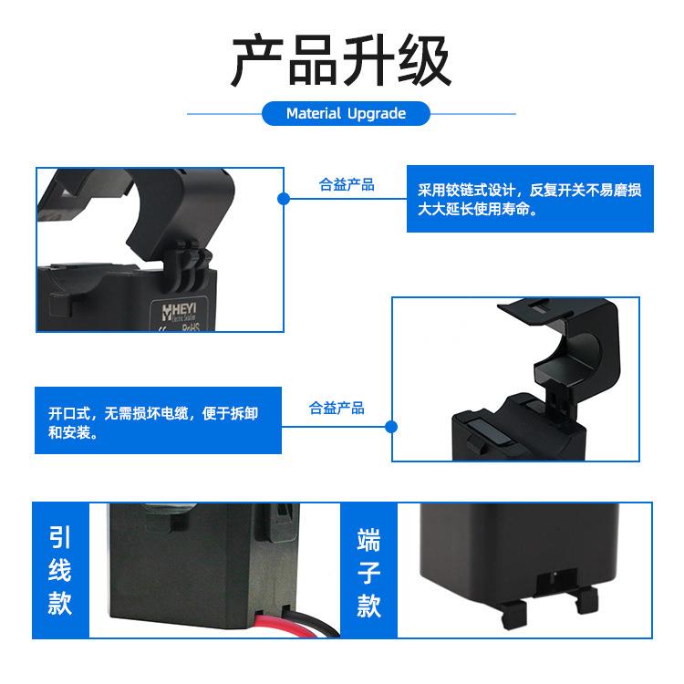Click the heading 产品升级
(341, 62)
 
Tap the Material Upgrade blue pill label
(346, 114)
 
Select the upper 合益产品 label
(347, 185)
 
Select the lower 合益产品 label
(337, 408)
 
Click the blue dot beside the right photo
(392, 426)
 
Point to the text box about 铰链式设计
(529, 200)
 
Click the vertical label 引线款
(59, 569)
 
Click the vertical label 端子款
(368, 569)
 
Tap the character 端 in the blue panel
(368, 537)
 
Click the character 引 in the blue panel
(59, 536)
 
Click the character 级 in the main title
(424, 62)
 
